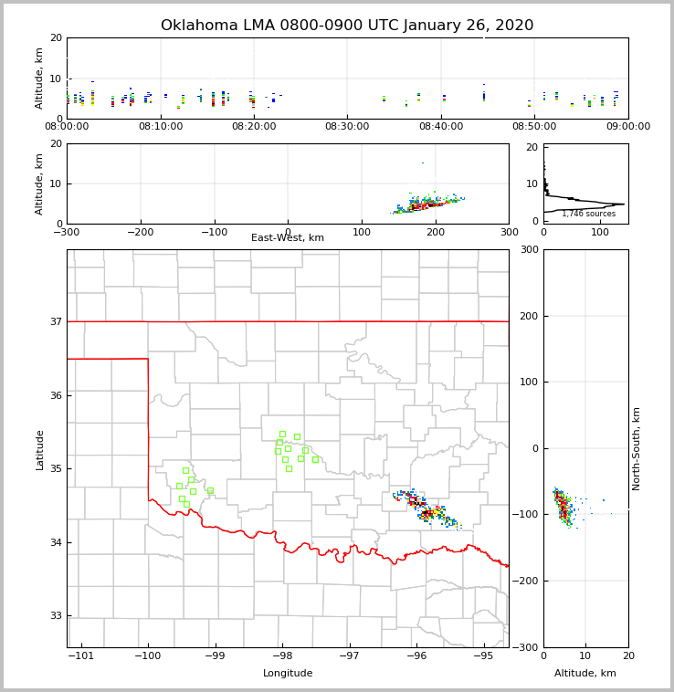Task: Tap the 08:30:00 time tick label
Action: (347, 127)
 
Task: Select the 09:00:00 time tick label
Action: (627, 127)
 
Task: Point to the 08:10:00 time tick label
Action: (160, 127)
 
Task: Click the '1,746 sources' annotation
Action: (588, 214)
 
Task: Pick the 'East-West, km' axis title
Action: (288, 238)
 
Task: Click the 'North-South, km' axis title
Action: (637, 448)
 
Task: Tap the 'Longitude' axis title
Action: (288, 674)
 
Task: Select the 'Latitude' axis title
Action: (40, 449)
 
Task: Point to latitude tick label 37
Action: (55, 321)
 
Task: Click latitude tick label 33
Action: (55, 616)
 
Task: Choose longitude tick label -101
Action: (81, 656)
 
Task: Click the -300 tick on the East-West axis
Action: (67, 232)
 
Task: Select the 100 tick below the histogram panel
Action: (600, 232)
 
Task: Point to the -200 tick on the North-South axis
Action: (528, 581)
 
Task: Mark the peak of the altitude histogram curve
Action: (624, 204)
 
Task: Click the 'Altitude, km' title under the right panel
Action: (585, 674)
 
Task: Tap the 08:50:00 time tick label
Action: (534, 127)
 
